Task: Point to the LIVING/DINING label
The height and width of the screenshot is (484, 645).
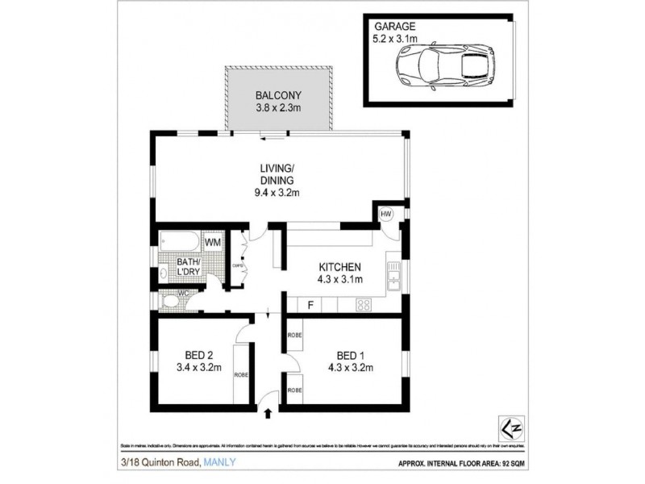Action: click(x=276, y=174)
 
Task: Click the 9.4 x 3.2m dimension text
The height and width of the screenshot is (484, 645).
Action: click(x=276, y=192)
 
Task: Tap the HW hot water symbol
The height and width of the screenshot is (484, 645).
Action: click(x=385, y=214)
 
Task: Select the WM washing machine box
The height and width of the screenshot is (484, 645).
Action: click(x=213, y=242)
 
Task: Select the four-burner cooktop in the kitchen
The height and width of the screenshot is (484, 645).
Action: click(x=363, y=305)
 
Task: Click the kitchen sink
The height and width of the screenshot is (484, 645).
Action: click(x=393, y=278)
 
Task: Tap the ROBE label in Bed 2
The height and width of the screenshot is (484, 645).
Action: click(x=239, y=374)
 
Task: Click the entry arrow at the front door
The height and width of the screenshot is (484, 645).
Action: click(x=267, y=414)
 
